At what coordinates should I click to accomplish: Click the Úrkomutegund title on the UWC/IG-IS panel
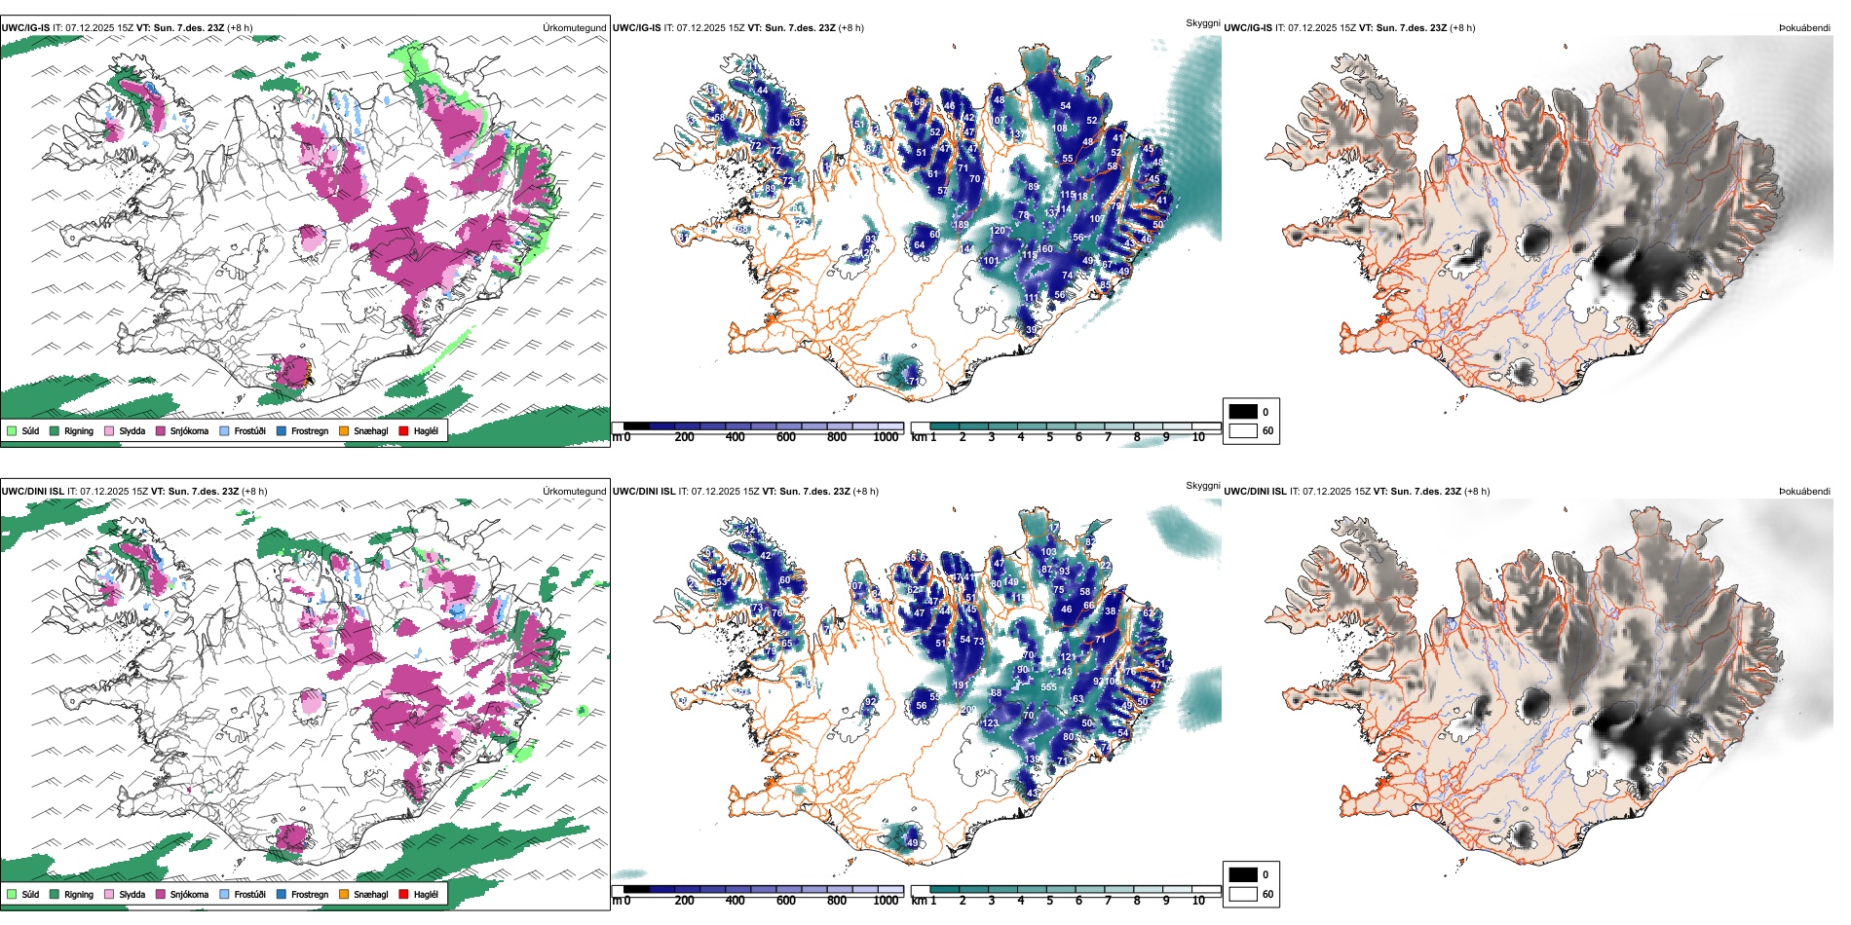pyautogui.click(x=574, y=28)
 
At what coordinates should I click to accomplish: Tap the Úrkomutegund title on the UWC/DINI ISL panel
pyautogui.click(x=574, y=492)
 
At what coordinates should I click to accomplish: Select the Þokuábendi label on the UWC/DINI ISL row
pyautogui.click(x=1804, y=492)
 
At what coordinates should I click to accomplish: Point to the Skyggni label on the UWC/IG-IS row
pyautogui.click(x=1202, y=22)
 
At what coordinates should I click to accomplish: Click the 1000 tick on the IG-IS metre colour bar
pyautogui.click(x=886, y=437)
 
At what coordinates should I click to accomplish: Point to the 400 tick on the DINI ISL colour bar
pyautogui.click(x=736, y=901)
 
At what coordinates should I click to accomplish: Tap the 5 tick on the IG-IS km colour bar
pyautogui.click(x=1049, y=437)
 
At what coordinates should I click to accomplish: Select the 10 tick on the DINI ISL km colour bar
pyautogui.click(x=1198, y=901)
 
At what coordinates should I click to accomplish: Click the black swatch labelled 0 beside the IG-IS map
pyautogui.click(x=1243, y=412)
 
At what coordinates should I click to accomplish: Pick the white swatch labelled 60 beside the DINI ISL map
pyautogui.click(x=1243, y=894)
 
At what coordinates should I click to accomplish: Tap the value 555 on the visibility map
pyautogui.click(x=1048, y=687)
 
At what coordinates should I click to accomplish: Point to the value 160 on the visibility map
pyautogui.click(x=1045, y=249)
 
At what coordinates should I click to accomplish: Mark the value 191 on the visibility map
pyautogui.click(x=961, y=685)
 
